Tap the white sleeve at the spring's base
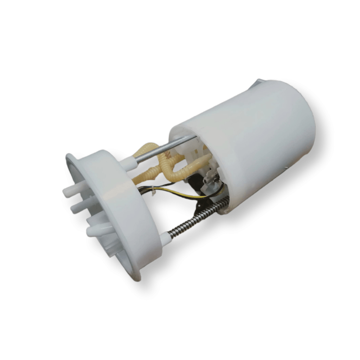(x=165, y=239)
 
